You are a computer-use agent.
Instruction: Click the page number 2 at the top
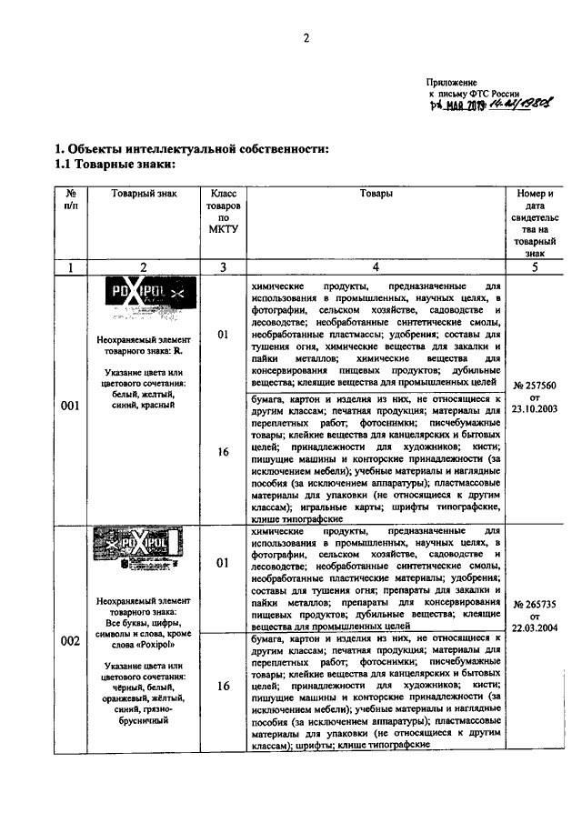pyautogui.click(x=306, y=38)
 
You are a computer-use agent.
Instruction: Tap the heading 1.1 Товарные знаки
pyautogui.click(x=113, y=165)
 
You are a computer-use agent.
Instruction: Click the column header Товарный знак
pyautogui.click(x=144, y=194)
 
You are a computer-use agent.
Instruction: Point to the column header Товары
pyautogui.click(x=376, y=194)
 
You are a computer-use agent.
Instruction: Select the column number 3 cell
pyautogui.click(x=223, y=267)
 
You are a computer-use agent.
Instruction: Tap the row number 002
pyautogui.click(x=70, y=641)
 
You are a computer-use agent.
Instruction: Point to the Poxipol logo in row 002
pyautogui.click(x=144, y=549)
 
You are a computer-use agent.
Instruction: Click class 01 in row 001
pyautogui.click(x=223, y=336)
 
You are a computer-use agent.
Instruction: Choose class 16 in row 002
pyautogui.click(x=223, y=687)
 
